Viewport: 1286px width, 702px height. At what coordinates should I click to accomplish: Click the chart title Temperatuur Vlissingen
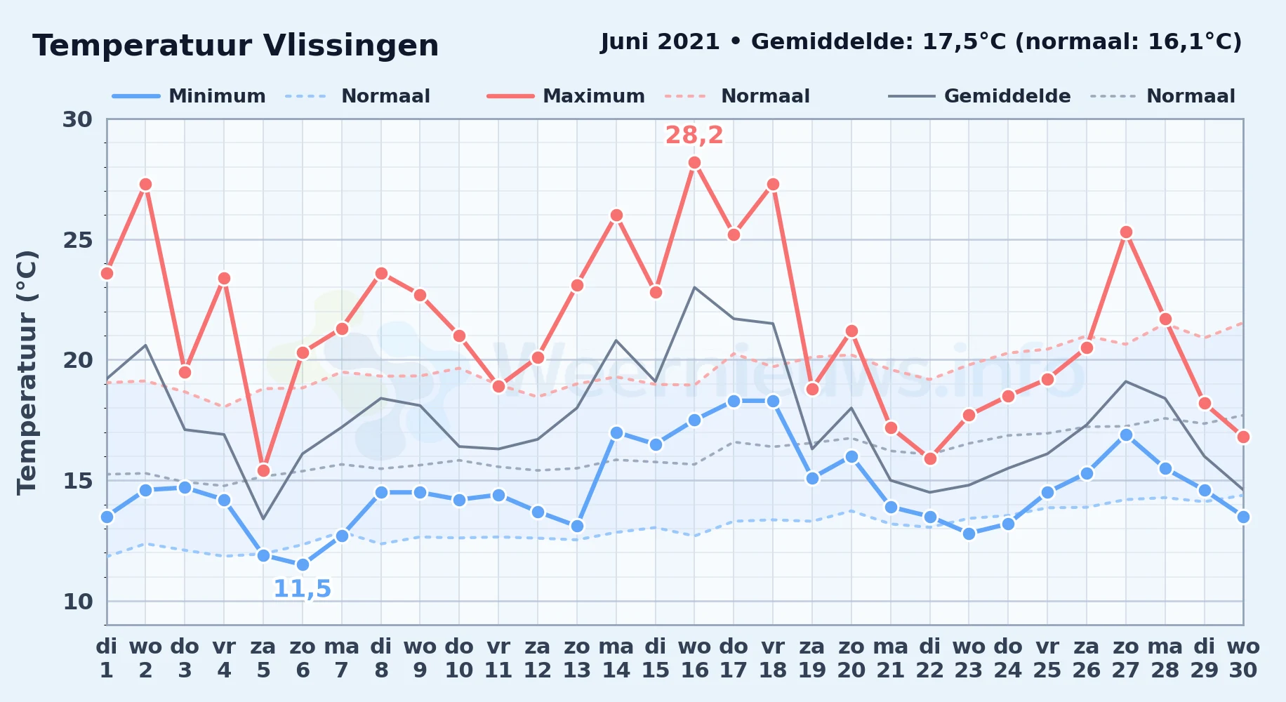(236, 46)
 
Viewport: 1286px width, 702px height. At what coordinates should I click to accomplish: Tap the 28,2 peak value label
(694, 135)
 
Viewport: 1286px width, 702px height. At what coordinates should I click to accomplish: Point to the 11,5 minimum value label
(302, 588)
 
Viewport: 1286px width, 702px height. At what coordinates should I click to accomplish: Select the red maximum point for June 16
(694, 163)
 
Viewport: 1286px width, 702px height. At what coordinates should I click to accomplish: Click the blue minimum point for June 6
(303, 564)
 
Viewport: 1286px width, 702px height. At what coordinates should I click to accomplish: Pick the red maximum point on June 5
(263, 470)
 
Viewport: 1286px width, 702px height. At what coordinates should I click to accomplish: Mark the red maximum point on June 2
(145, 185)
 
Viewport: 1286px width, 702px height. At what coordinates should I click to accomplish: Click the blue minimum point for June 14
(616, 432)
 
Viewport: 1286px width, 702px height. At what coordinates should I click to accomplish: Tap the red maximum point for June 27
(1126, 232)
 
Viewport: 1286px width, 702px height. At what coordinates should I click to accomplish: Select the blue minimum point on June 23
(969, 534)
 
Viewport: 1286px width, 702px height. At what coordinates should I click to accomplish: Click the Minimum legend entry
(190, 96)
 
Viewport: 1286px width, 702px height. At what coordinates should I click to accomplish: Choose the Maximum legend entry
(566, 96)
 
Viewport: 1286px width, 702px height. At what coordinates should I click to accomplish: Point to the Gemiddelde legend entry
(980, 96)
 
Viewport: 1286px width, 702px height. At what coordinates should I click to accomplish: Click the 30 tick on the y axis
(77, 119)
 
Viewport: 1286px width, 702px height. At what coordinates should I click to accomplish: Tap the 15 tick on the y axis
(77, 481)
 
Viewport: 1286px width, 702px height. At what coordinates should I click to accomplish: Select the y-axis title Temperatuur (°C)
(27, 372)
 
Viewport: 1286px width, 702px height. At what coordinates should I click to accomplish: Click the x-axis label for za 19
(812, 658)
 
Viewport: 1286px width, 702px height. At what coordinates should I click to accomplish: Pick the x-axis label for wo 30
(1243, 658)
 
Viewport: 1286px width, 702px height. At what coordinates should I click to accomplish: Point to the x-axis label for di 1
(107, 658)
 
